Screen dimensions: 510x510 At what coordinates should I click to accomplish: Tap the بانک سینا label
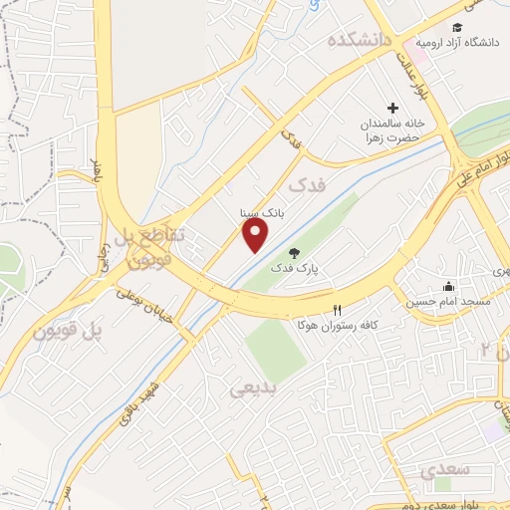(259, 212)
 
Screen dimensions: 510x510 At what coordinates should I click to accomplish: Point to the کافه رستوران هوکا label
(338, 326)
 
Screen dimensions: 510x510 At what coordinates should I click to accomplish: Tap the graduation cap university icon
(456, 28)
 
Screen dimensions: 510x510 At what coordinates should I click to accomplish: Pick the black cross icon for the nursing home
(392, 108)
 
